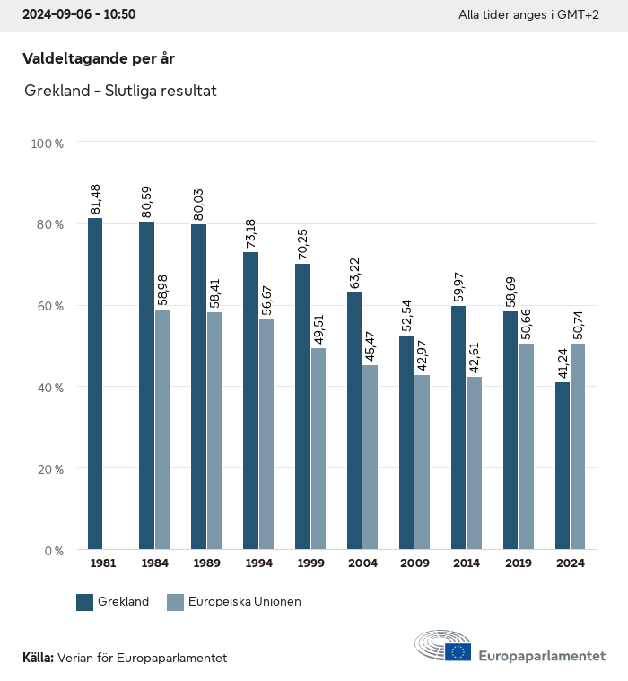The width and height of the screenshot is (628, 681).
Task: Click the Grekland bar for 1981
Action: coord(95,384)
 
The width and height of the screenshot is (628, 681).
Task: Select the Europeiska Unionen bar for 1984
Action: coord(162,430)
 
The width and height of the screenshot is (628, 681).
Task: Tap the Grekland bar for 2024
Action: coord(563,466)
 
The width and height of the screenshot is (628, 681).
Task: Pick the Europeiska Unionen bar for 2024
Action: coord(578,447)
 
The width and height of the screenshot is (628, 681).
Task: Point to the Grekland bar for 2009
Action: coord(406,442)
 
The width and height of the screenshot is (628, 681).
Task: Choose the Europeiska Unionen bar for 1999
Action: coord(318,449)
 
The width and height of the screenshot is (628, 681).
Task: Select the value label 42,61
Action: coord(475,358)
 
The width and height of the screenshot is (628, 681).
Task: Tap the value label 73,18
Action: coord(252,233)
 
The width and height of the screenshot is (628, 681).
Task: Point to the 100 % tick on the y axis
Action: coord(48,143)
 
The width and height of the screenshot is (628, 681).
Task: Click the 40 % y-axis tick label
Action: coord(48,388)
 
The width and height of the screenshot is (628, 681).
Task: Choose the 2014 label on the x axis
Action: coord(466,563)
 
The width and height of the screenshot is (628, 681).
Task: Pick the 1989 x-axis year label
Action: coord(205,563)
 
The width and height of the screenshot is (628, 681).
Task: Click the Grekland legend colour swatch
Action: coord(85,602)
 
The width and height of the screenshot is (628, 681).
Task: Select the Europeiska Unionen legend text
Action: coord(245,602)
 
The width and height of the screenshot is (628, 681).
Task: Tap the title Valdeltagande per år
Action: coord(99,59)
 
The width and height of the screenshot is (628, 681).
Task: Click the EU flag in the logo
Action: coord(458,651)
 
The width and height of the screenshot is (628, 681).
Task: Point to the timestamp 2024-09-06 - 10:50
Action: coord(78,15)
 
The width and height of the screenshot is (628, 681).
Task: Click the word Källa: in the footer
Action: coord(38,658)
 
